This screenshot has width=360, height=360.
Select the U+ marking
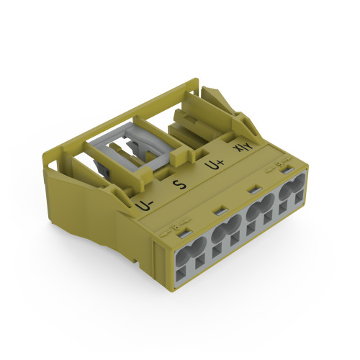[x=213, y=164]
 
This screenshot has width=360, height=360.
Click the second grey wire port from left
[x=226, y=234]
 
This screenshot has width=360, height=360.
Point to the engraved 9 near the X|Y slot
[x=278, y=164]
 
